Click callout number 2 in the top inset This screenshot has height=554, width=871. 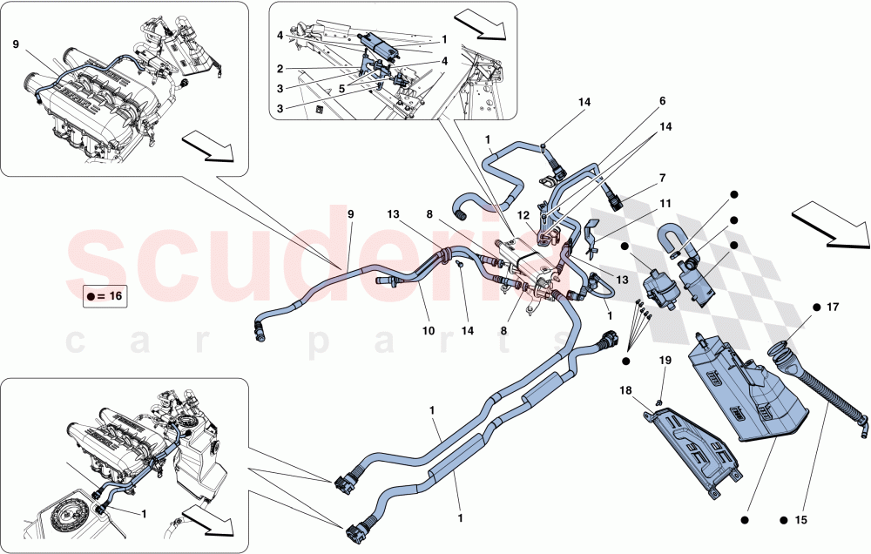[280, 68]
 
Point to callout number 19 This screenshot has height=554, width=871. [665, 360]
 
